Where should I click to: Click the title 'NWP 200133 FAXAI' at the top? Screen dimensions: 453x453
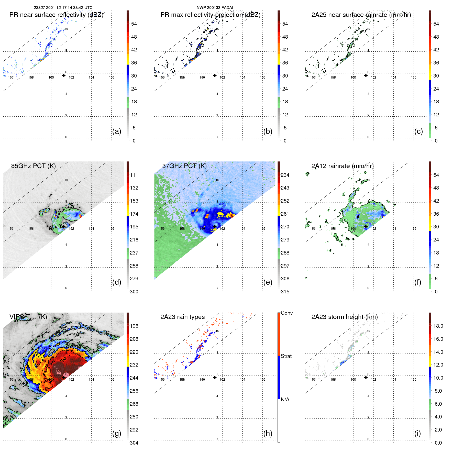(215, 8)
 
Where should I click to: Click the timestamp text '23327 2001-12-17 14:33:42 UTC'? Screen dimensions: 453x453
(63, 8)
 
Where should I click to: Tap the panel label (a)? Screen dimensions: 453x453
(117, 131)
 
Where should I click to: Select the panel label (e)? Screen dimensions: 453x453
(268, 282)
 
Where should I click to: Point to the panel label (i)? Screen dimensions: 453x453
(417, 433)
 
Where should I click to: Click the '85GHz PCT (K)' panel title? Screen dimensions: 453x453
(33, 166)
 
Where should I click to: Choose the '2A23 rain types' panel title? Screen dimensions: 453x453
(182, 317)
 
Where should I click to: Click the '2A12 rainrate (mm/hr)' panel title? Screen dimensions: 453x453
(342, 166)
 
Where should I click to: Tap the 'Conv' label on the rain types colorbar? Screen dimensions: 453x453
(286, 313)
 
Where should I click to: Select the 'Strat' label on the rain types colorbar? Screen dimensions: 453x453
(286, 356)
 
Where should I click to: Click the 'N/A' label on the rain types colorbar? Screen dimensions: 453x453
(285, 400)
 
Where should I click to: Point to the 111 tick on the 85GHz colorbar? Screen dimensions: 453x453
(134, 175)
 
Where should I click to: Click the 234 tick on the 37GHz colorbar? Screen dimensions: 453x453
(285, 175)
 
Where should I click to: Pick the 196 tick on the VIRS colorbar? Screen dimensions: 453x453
(134, 326)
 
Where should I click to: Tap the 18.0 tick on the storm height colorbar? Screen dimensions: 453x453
(438, 326)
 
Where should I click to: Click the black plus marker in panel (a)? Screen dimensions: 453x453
(64, 75)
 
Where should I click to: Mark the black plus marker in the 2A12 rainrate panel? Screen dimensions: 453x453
(366, 226)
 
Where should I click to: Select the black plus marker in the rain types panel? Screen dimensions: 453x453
(215, 377)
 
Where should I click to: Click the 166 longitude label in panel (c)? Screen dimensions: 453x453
(414, 77)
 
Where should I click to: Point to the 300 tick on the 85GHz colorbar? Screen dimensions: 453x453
(134, 292)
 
